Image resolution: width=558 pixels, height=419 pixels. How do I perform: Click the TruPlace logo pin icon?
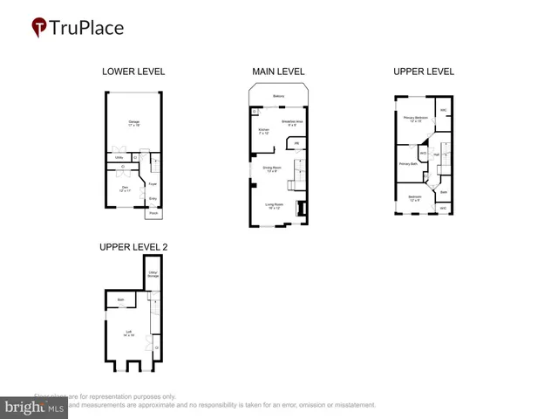40,28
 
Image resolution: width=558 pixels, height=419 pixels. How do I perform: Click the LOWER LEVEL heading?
133,72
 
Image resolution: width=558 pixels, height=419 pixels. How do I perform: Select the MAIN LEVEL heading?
277,72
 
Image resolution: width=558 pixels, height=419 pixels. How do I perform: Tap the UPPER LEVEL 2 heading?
133,247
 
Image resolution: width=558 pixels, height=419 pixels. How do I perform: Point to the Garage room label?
134,123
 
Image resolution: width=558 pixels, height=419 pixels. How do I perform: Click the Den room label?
124,189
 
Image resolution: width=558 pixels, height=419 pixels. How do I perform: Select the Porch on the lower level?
153,213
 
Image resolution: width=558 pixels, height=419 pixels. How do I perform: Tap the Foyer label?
153,184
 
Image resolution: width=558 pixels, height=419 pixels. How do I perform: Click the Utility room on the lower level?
119,157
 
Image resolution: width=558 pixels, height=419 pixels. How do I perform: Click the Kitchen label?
263,132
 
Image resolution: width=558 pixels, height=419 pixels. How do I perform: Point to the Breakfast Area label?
292,122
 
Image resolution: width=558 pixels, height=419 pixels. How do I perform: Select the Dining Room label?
271,168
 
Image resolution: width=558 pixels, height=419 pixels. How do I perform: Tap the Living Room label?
274,206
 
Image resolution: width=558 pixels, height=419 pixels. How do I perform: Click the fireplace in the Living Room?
302,208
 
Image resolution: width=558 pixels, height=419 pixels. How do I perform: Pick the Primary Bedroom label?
413,119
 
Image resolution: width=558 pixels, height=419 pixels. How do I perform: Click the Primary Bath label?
407,163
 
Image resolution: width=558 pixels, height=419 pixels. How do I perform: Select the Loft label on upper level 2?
128,333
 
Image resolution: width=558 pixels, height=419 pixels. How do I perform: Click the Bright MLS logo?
34,408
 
